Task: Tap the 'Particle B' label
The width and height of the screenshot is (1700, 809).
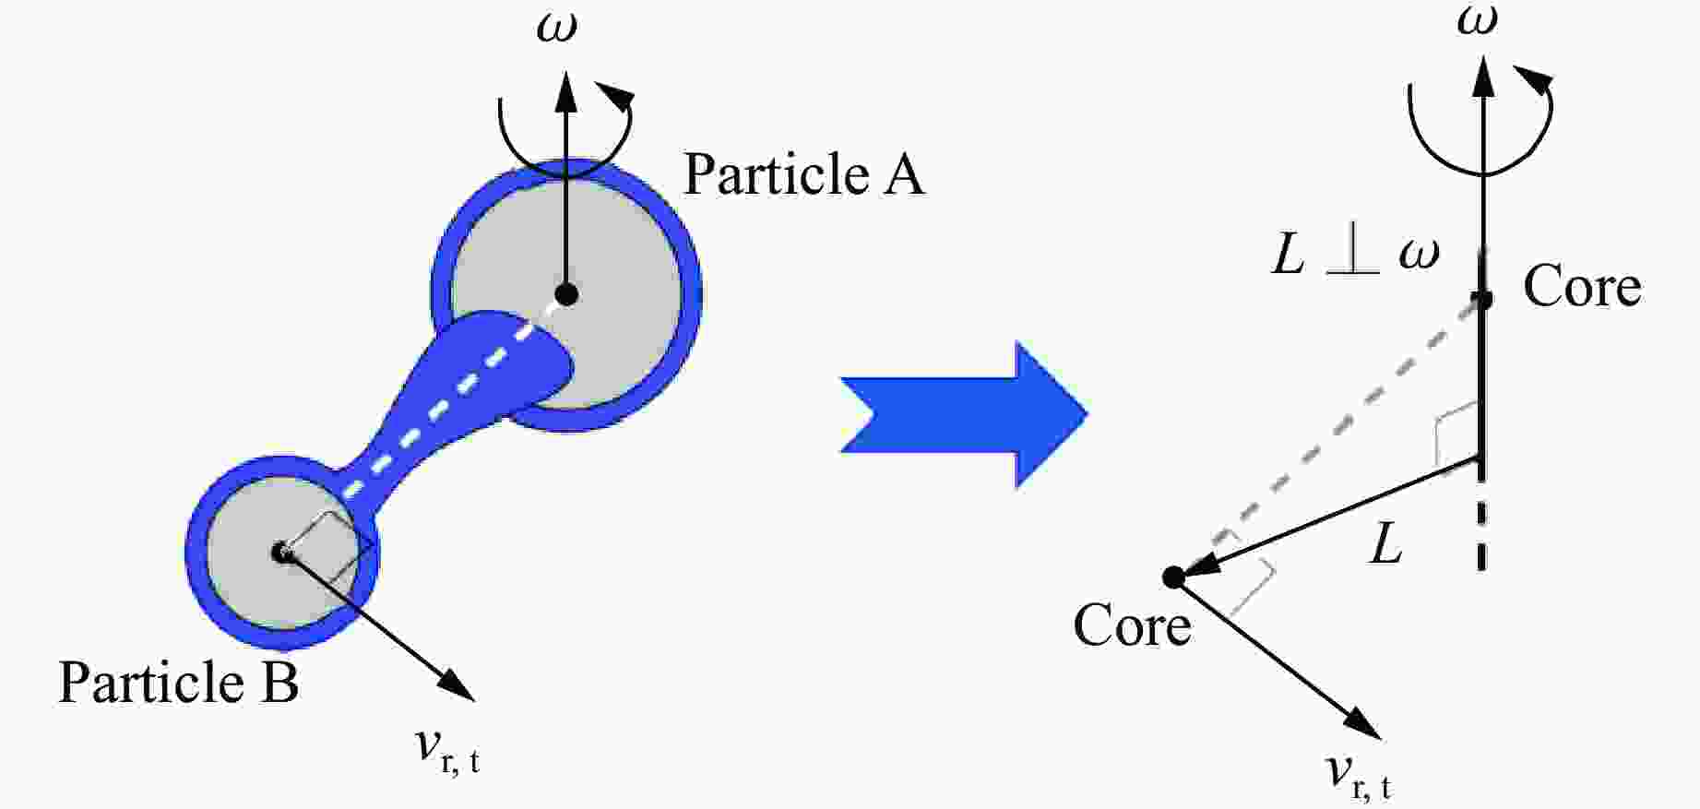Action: pyautogui.click(x=179, y=683)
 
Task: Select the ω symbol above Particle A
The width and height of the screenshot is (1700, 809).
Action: pyautogui.click(x=557, y=28)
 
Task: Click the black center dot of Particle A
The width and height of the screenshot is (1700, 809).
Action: pyautogui.click(x=566, y=294)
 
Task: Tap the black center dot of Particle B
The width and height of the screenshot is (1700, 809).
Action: pyautogui.click(x=281, y=552)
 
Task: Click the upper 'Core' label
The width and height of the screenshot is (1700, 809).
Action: pyautogui.click(x=1582, y=286)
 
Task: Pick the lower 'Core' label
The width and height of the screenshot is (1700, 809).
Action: pyautogui.click(x=1132, y=625)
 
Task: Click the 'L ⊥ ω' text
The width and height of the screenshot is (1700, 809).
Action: pyautogui.click(x=1355, y=254)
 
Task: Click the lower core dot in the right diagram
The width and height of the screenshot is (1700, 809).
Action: pyautogui.click(x=1173, y=577)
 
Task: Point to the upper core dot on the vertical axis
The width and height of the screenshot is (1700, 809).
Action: pyautogui.click(x=1482, y=299)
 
